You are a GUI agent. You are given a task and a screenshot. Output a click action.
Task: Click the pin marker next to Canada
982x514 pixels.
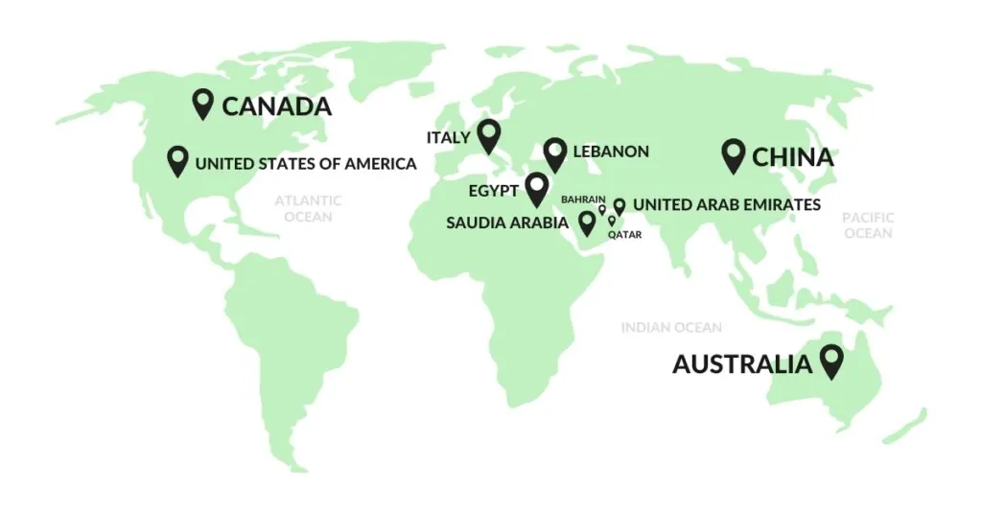point(202,103)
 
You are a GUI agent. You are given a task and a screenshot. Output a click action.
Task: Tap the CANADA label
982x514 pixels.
point(277,106)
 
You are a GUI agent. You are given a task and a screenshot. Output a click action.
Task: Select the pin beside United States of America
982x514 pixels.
point(177,160)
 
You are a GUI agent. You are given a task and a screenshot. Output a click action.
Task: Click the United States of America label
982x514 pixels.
point(306,164)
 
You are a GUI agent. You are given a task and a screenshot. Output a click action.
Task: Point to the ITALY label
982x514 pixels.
point(449,138)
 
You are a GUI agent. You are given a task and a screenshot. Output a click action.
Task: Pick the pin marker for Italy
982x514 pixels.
point(490,136)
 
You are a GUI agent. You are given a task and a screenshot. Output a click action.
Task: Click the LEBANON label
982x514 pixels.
point(611,152)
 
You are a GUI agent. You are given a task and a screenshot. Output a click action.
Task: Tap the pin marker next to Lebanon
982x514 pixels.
point(554,152)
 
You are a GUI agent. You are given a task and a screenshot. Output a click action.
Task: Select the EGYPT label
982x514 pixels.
point(494,191)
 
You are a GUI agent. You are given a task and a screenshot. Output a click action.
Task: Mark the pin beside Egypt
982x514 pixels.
point(535,188)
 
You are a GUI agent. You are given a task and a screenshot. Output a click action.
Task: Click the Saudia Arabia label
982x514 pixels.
point(507,223)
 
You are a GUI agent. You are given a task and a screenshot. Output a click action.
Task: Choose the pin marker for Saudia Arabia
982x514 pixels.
point(587,223)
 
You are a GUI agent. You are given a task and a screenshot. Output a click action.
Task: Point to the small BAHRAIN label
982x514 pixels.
point(583,199)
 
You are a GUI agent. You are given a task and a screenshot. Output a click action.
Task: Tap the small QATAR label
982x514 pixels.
point(625,234)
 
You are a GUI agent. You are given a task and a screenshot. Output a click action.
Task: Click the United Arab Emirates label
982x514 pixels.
point(727,204)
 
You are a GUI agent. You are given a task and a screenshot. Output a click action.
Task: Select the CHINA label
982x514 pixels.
point(793,156)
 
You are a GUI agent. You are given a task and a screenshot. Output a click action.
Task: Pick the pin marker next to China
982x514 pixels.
point(734,154)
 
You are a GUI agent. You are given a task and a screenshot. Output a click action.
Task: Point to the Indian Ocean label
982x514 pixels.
point(671,328)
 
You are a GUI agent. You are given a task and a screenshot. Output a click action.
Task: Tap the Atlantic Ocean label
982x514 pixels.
point(308,208)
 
